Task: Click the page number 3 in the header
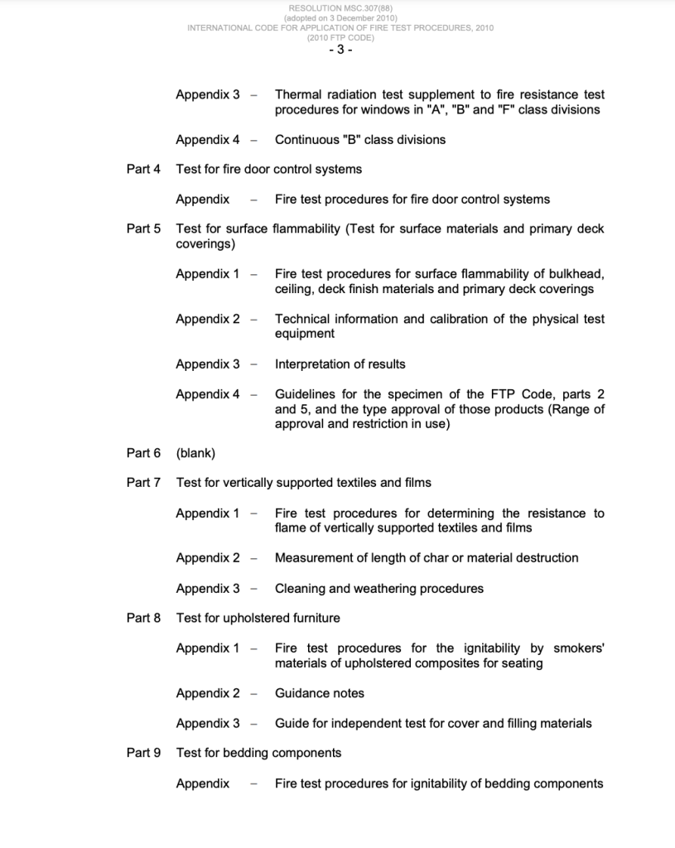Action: coord(340,50)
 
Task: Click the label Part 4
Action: coord(143,169)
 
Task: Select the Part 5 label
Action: coord(143,229)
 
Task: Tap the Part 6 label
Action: coord(143,453)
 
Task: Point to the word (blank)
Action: coord(195,453)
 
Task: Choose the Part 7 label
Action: coord(143,483)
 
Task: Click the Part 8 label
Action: coord(143,618)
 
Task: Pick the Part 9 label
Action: coord(143,753)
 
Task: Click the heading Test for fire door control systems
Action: coord(269,169)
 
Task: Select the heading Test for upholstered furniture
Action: coord(258,618)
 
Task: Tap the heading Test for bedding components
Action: coord(258,753)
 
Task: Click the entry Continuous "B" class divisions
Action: coord(360,140)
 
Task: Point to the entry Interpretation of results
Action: coord(340,364)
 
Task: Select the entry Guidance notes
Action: coord(320,693)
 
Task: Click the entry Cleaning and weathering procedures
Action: coord(379,589)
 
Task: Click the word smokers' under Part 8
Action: coord(579,648)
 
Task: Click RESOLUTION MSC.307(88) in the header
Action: coord(340,8)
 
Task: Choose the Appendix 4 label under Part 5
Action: coord(207,394)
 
